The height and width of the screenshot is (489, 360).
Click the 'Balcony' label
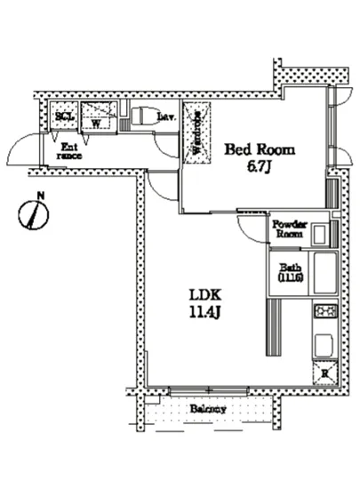click(x=207, y=409)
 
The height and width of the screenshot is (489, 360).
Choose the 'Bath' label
click(x=290, y=269)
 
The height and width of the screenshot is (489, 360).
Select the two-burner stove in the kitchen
click(x=324, y=311)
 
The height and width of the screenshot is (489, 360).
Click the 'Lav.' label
click(x=166, y=116)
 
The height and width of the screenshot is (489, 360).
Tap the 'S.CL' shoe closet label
click(x=64, y=116)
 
